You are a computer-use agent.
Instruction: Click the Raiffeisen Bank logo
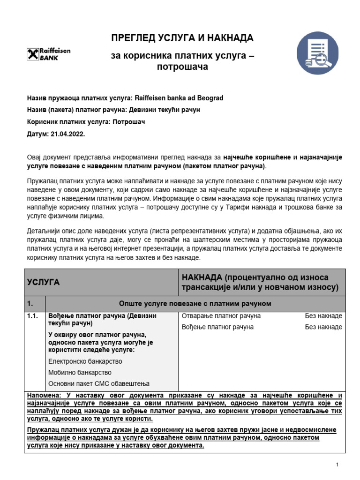coord(49,54)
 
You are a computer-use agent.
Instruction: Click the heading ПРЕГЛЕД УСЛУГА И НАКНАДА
coord(182,38)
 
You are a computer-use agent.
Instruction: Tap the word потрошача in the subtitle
coord(182,67)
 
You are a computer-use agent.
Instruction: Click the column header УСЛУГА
coord(43,282)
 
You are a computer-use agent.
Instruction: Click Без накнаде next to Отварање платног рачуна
coord(323,316)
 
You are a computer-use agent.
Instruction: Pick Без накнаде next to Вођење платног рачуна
coord(323,327)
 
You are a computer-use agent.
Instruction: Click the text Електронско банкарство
coord(85,361)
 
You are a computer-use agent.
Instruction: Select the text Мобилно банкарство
coord(80,373)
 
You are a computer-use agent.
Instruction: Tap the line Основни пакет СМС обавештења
coord(96,383)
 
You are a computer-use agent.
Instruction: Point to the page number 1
coord(337,464)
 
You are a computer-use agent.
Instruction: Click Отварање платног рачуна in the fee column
coord(221,316)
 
